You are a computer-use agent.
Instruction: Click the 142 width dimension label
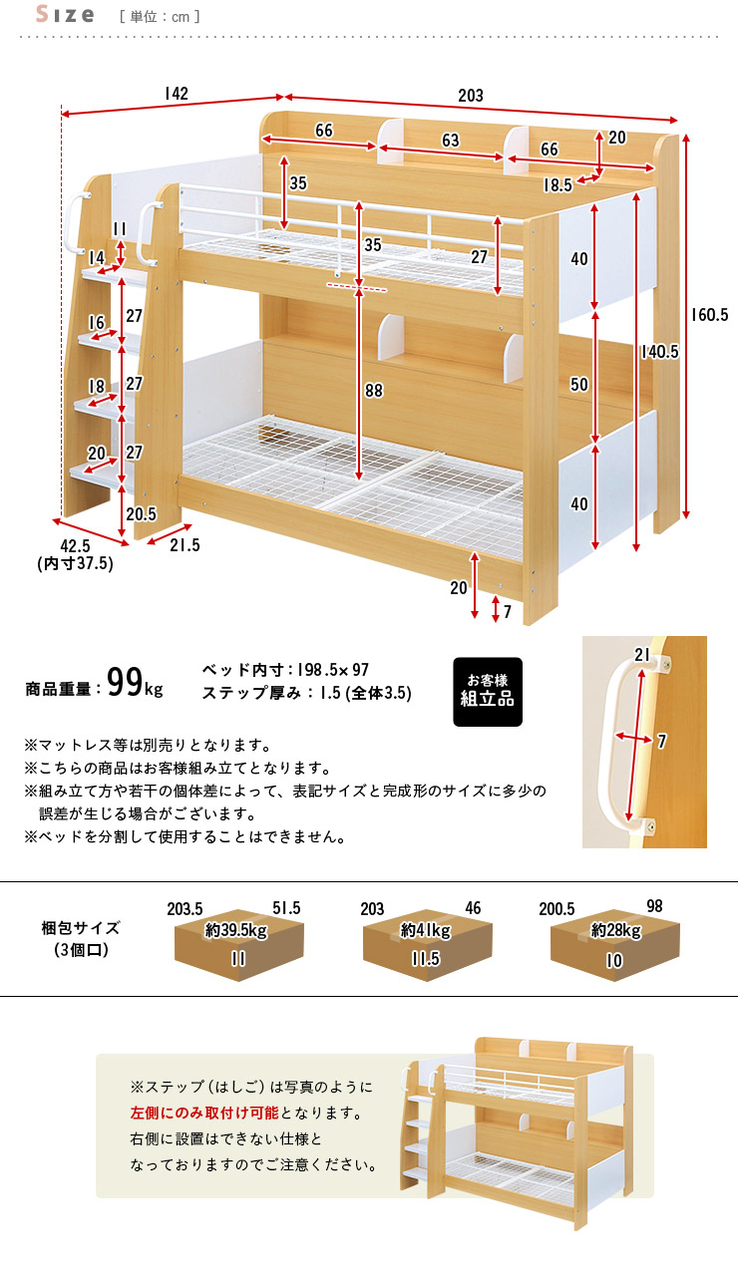pos(176,94)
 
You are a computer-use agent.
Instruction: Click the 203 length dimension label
pos(471,95)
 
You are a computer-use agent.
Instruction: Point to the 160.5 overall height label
pos(709,314)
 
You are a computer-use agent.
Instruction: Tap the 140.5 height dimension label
pos(660,352)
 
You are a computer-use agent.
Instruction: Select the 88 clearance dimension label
pos(374,391)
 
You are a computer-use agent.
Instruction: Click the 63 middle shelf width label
pos(451,141)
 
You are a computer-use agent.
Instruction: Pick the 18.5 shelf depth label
pos(557,185)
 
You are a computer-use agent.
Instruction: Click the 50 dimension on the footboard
pos(579,385)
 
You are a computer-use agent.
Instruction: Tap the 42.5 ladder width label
pos(75,546)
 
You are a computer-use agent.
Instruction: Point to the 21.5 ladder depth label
pos(184,545)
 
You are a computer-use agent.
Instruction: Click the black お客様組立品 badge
pos(488,692)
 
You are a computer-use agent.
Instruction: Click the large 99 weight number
pos(125,682)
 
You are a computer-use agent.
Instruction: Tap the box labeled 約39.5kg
pos(239,944)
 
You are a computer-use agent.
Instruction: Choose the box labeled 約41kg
pos(427,944)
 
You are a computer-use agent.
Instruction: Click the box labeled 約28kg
pos(614,944)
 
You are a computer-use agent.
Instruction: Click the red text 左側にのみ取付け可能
pos(204,1113)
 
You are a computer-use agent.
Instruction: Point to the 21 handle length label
pos(641,654)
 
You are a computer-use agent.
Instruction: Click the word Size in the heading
pos(65,14)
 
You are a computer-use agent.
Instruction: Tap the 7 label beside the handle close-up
pos(662,741)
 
